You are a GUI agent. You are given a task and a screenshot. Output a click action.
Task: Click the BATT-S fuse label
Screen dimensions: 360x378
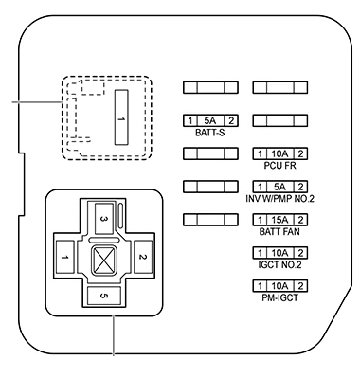(x=210, y=133)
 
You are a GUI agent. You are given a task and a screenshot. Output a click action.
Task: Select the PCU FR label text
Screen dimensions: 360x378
(x=280, y=166)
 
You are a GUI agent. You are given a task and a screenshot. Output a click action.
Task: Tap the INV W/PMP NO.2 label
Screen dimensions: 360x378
(x=280, y=199)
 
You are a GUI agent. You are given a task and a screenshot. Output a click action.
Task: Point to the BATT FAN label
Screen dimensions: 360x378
(x=279, y=232)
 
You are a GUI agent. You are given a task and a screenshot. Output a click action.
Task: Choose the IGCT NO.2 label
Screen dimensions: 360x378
(x=279, y=264)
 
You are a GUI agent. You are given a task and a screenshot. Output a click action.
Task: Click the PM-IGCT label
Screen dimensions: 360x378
(x=280, y=297)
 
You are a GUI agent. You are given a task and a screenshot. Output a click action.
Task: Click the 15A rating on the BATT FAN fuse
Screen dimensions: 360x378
(x=280, y=220)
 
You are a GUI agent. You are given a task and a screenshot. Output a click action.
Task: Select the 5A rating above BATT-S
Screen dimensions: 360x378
(x=210, y=120)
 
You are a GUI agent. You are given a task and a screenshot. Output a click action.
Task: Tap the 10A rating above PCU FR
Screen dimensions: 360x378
(x=280, y=153)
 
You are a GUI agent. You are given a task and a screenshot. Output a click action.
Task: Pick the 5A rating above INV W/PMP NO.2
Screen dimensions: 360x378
(x=280, y=187)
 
